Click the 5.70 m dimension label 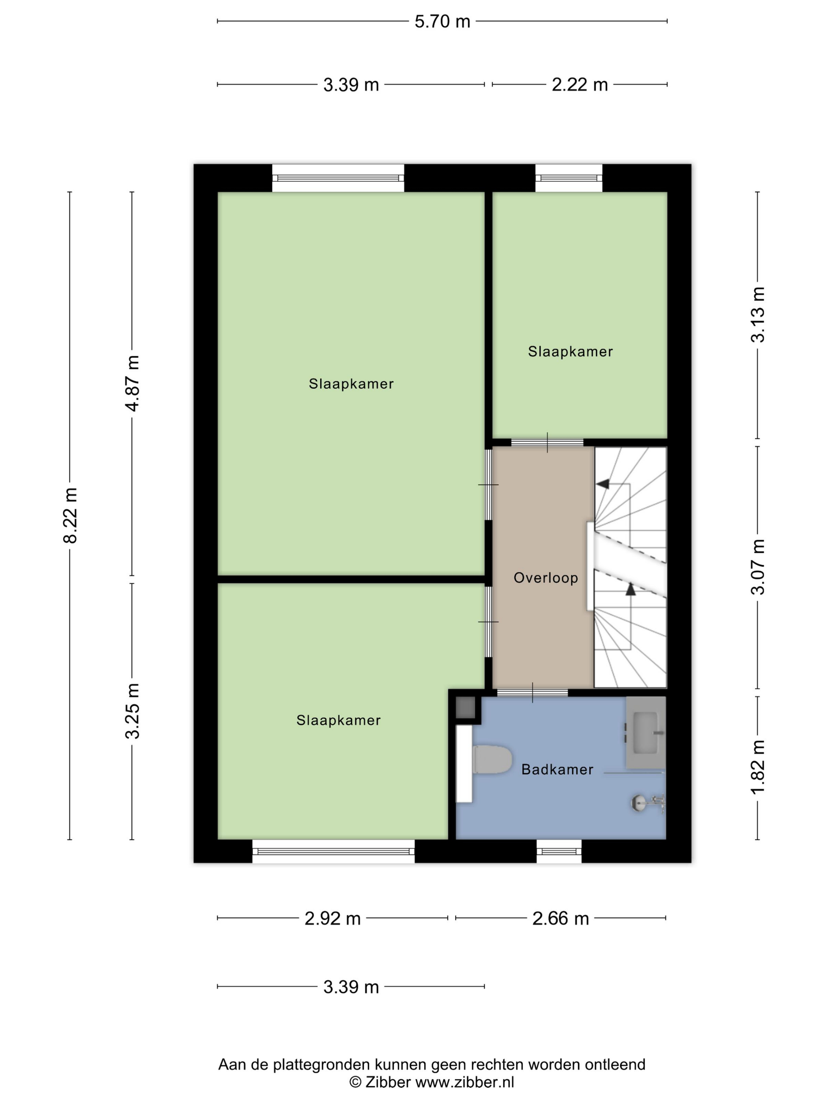coord(442,21)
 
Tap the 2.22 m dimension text coord(579,85)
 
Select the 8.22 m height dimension coord(70,516)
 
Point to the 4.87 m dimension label coord(132,384)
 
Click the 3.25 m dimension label coord(132,711)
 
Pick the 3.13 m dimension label coord(757,315)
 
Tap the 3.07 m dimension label coord(757,567)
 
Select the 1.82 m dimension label coord(757,767)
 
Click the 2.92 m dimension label coord(332,918)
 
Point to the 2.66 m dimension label coord(560,918)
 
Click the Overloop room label coord(546,578)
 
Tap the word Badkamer coord(557,770)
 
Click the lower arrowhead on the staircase coord(630,589)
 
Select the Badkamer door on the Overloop coord(532,692)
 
